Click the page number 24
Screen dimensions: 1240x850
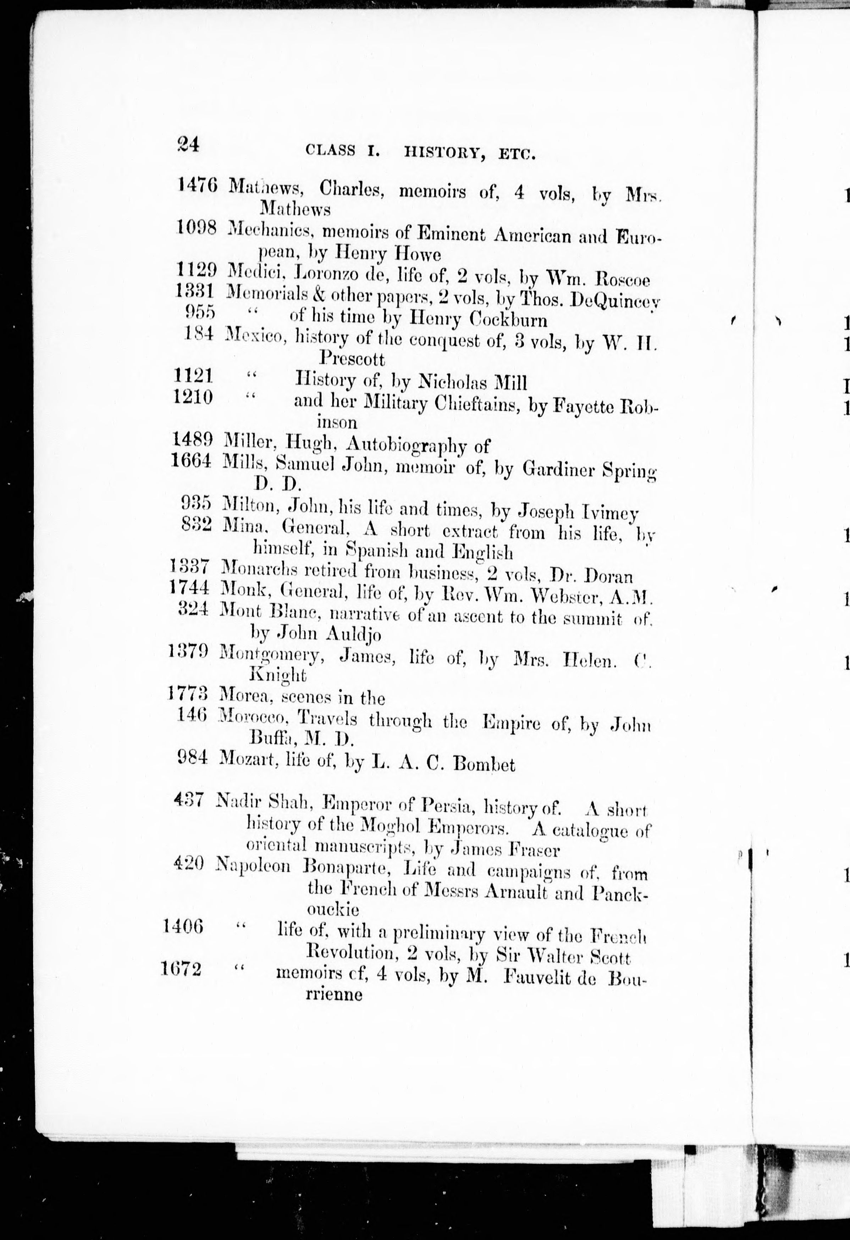pyautogui.click(x=188, y=145)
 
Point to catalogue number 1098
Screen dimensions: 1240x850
pyautogui.click(x=196, y=229)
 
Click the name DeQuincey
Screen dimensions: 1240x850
pyautogui.click(x=615, y=302)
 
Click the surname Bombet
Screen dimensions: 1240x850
pyautogui.click(x=484, y=765)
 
